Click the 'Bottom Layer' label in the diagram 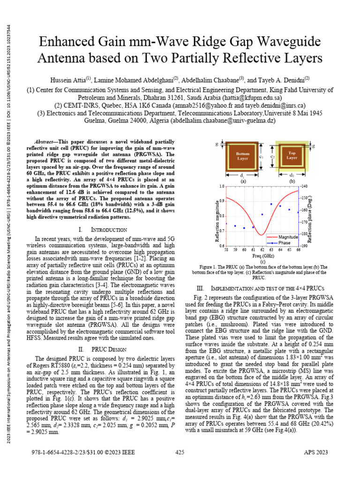coord(243,155)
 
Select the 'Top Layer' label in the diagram coord(292,155)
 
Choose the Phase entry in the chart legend coord(284,243)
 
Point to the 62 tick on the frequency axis coord(262,250)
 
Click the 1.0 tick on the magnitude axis coord(221,186)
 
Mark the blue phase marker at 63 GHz coord(271,204)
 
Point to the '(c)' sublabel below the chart coord(262,262)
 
